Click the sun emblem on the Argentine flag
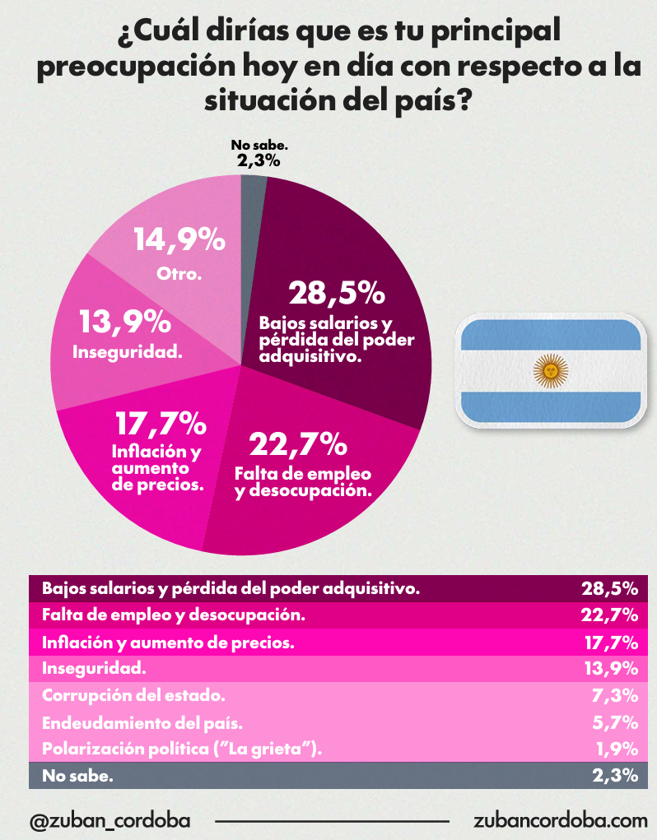pyautogui.click(x=551, y=370)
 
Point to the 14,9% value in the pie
pyautogui.click(x=179, y=240)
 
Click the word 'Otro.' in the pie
pyautogui.click(x=179, y=273)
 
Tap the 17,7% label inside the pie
pyautogui.click(x=160, y=425)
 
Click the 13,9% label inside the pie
pyautogui.click(x=125, y=322)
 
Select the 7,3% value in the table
pyautogui.click(x=616, y=695)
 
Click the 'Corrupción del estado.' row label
pyautogui.click(x=133, y=695)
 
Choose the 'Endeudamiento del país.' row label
pyautogui.click(x=142, y=722)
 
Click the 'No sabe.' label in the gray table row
pyautogui.click(x=77, y=775)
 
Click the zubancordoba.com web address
pyautogui.click(x=561, y=820)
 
